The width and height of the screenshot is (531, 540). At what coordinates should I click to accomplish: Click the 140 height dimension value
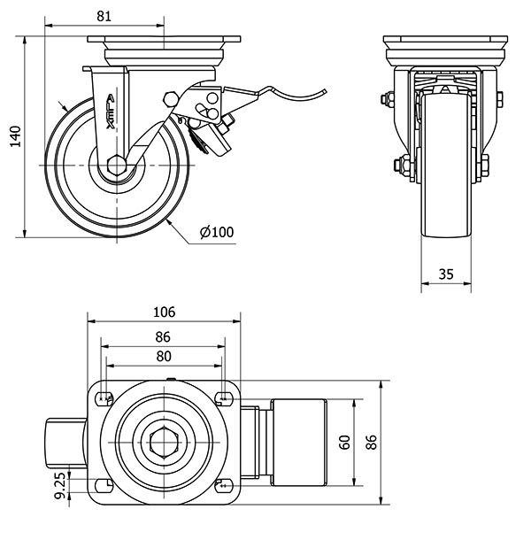point(13,138)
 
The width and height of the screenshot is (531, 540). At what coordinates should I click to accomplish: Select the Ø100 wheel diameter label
point(217,232)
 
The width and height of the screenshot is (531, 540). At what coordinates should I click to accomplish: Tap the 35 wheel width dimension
point(446,274)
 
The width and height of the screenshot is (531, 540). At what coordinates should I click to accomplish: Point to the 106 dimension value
point(164,312)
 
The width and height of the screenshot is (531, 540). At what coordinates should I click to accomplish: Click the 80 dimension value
point(164,357)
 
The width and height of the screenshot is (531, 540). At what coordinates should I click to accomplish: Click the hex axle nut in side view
point(115,166)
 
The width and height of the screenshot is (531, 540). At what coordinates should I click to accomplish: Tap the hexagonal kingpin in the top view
point(164,441)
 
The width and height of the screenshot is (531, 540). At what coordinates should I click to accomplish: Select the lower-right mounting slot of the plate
point(224,485)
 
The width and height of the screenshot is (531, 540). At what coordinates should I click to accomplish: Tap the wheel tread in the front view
point(446,168)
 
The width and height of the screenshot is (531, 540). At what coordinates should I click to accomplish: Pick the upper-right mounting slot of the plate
point(224,396)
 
